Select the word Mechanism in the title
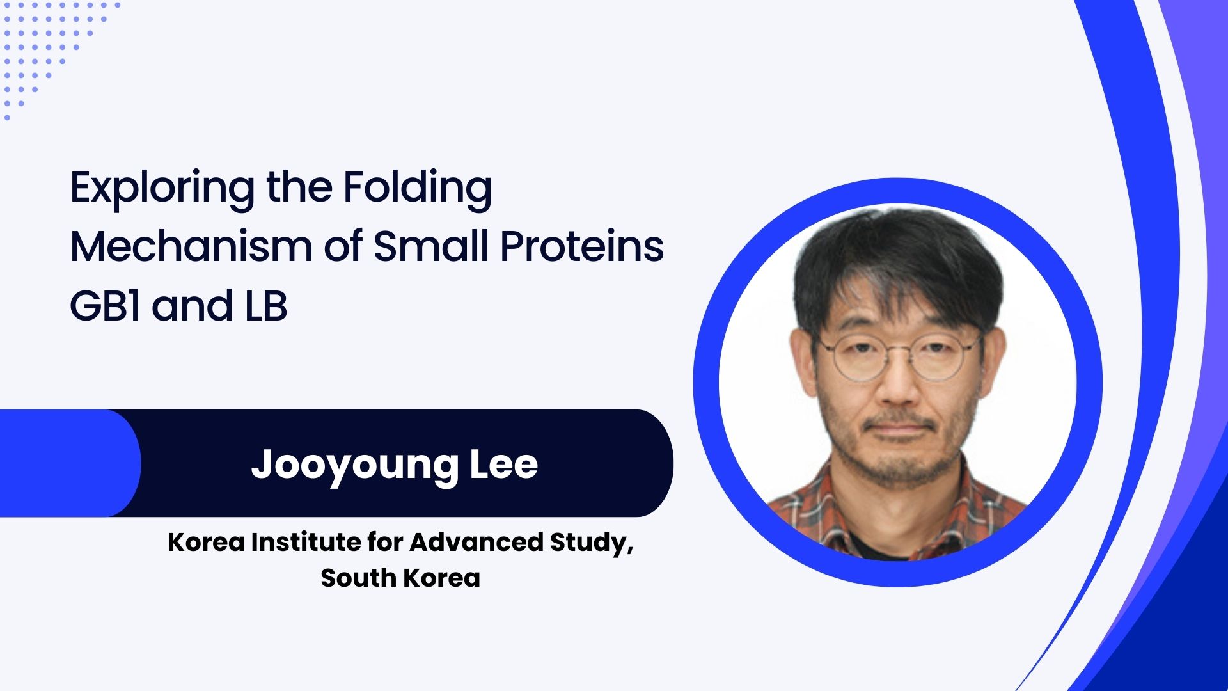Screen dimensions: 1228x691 pos(191,246)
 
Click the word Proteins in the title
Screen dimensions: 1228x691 pos(582,246)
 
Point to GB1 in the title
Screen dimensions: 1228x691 pos(105,305)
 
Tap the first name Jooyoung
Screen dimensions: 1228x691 pos(354,466)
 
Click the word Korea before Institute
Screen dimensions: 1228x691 pos(206,542)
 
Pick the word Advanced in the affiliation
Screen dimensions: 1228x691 pos(476,542)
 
